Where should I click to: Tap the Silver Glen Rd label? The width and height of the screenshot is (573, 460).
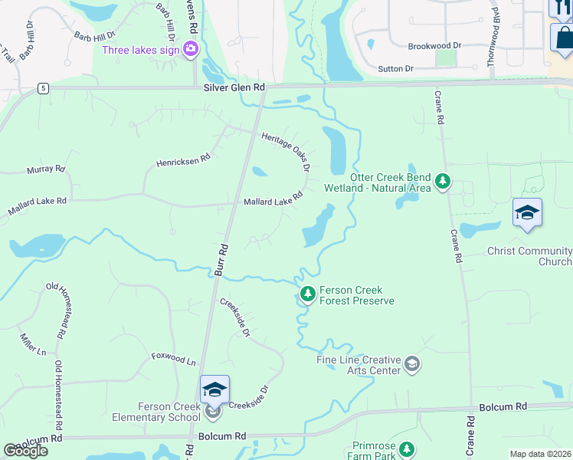click(234, 88)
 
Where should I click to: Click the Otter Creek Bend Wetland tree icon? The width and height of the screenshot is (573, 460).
click(442, 181)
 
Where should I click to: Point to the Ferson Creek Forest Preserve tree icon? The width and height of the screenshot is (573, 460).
click(307, 294)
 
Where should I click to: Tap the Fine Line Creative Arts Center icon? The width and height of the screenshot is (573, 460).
click(412, 363)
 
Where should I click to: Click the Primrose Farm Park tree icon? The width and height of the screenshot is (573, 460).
click(407, 449)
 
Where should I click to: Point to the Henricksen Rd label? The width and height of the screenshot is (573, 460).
click(183, 162)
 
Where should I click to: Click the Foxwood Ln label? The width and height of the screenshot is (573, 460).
click(173, 358)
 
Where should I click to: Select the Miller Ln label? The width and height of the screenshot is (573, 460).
click(34, 344)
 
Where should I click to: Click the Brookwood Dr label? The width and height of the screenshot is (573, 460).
click(434, 46)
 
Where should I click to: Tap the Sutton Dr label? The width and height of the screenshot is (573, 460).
click(396, 69)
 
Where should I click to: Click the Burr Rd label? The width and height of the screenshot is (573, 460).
click(222, 260)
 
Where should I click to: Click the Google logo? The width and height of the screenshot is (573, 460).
click(26, 451)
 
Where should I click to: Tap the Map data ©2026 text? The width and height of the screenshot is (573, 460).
click(540, 454)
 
